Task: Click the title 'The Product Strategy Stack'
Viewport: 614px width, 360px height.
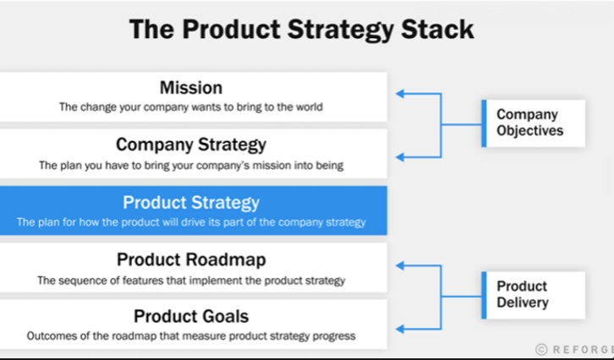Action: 301,30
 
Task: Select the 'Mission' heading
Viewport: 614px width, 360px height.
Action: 190,88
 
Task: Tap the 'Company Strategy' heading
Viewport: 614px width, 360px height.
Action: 190,145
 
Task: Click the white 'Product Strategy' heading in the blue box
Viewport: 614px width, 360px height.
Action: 190,203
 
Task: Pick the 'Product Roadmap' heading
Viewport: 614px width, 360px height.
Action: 190,259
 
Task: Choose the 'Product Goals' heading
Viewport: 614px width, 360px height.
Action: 190,317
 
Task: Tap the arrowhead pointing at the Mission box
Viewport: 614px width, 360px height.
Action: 400,94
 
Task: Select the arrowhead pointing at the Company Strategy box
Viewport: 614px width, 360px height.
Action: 400,156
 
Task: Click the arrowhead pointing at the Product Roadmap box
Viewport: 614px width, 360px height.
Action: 400,265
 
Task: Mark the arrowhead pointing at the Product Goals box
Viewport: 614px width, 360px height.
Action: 400,328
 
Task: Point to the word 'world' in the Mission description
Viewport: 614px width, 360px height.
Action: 307,107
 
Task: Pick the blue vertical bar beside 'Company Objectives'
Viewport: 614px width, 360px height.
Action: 483,123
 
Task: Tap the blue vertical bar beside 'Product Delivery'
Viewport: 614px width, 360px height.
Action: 483,295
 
